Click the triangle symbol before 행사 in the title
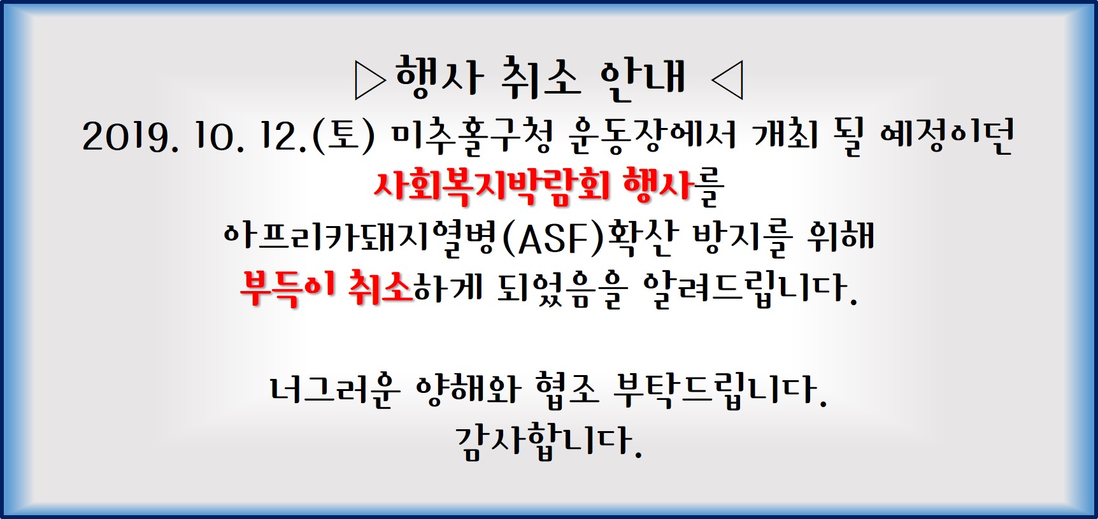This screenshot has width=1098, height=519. [x=370, y=81]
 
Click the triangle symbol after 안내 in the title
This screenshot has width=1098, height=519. [x=727, y=81]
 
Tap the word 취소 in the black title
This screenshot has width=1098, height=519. [x=541, y=78]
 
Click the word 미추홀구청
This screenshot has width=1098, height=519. [x=472, y=136]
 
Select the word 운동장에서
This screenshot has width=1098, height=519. [x=652, y=136]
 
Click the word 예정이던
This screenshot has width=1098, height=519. [x=947, y=136]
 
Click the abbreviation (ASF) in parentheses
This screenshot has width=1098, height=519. [x=552, y=238]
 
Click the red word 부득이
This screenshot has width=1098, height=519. [x=288, y=288]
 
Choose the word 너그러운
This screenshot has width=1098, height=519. [x=334, y=390]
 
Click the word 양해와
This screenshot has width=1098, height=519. [x=468, y=389]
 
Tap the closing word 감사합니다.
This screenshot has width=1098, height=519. [x=548, y=441]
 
